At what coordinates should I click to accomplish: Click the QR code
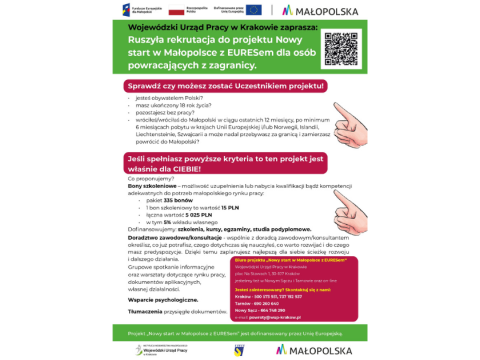(341, 50)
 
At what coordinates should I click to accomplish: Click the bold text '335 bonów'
(161, 200)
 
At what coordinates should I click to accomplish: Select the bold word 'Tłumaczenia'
(145, 311)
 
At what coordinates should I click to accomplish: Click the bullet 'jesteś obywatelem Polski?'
(170, 98)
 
